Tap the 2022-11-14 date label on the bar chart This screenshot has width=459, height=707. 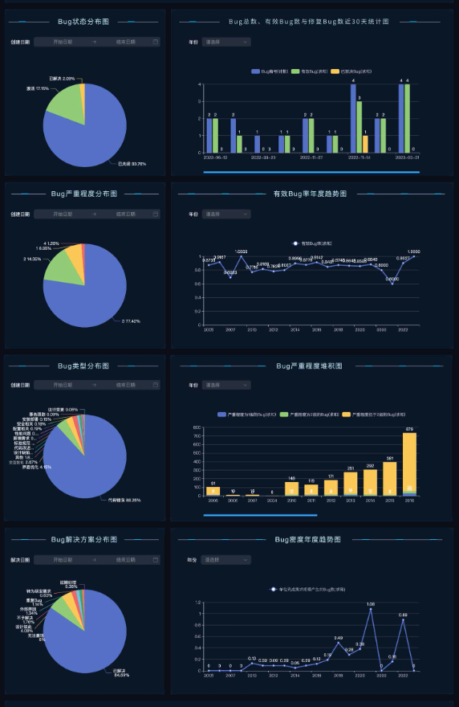pyautogui.click(x=359, y=158)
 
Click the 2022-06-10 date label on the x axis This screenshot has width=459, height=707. pyautogui.click(x=216, y=158)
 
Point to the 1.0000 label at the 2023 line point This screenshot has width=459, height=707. pyautogui.click(x=414, y=251)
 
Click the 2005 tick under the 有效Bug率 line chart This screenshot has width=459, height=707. pyautogui.click(x=208, y=329)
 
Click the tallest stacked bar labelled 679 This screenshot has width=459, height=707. pyautogui.click(x=409, y=464)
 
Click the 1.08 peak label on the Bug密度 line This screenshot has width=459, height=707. pyautogui.click(x=371, y=604)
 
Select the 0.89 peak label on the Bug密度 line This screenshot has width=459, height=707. pyautogui.click(x=403, y=615)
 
